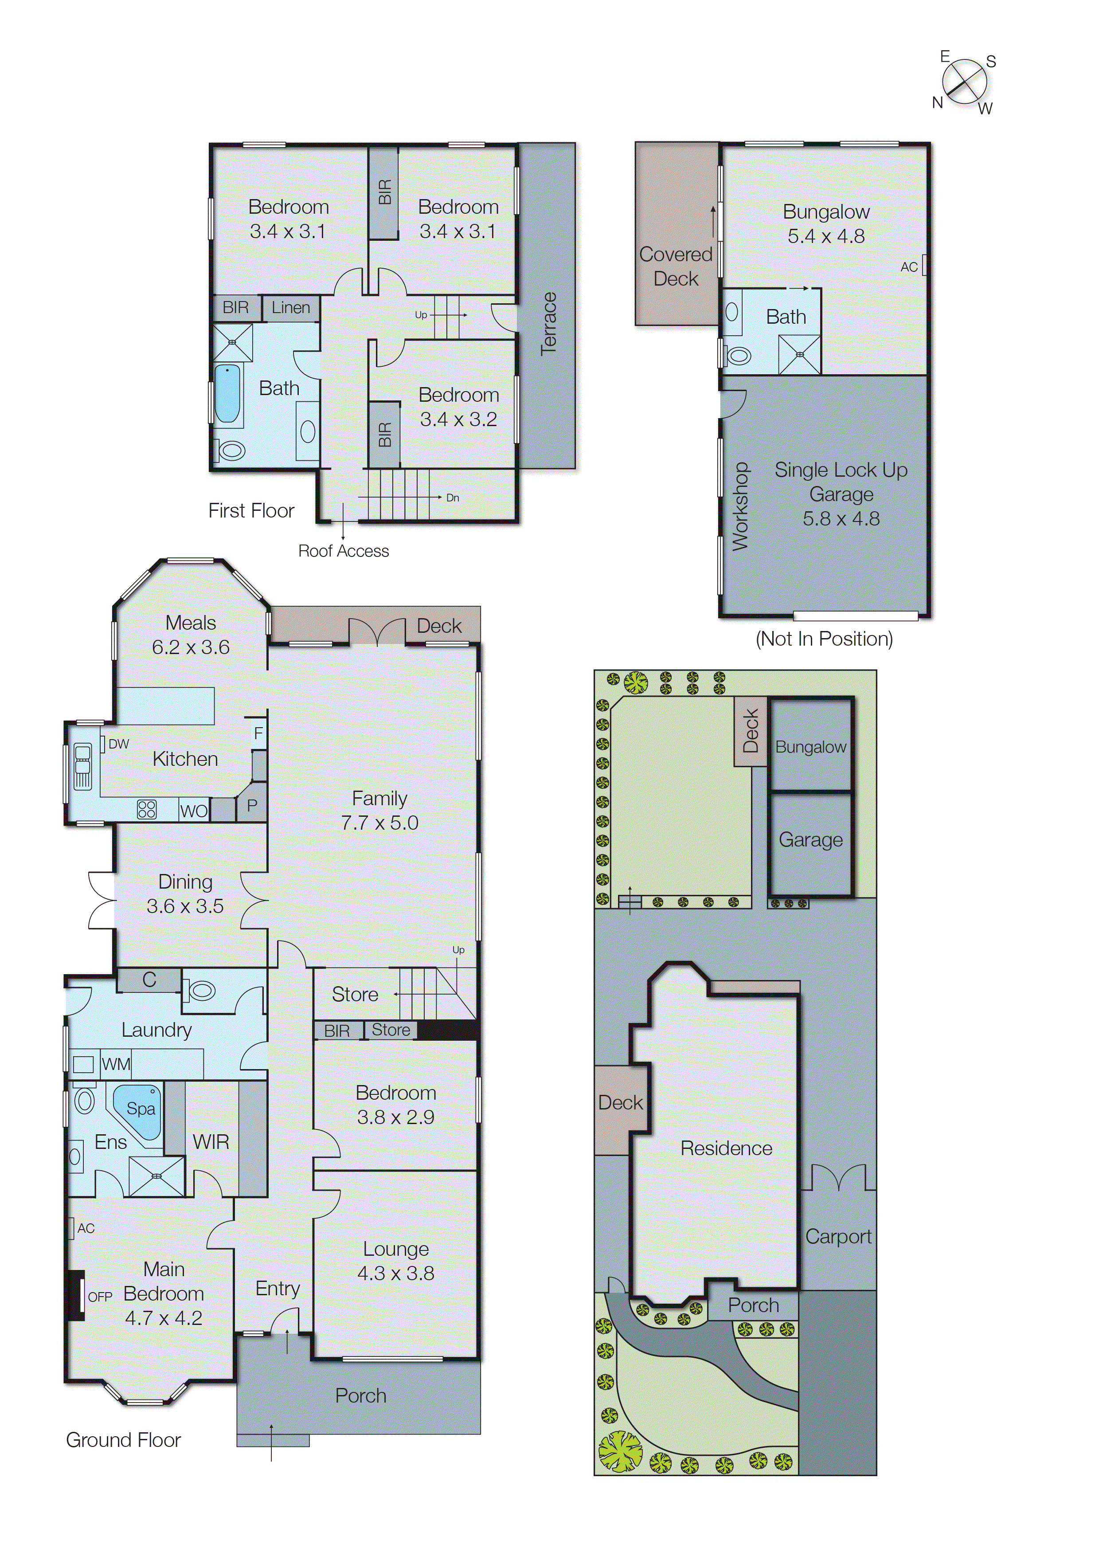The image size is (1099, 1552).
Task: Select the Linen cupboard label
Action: click(x=290, y=308)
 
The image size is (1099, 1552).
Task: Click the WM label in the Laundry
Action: click(x=116, y=1064)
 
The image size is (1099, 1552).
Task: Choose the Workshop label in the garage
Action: click(x=740, y=506)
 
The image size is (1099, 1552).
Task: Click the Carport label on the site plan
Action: click(x=838, y=1237)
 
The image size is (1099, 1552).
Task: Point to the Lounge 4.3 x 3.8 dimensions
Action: click(x=396, y=1273)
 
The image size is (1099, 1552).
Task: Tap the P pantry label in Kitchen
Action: click(x=252, y=805)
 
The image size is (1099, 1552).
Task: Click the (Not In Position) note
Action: click(x=824, y=638)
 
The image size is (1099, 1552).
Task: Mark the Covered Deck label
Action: click(x=675, y=266)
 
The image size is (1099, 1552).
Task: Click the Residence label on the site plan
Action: click(x=726, y=1148)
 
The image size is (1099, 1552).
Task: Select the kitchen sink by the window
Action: click(x=82, y=766)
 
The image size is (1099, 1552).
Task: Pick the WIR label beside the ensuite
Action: click(x=211, y=1142)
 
